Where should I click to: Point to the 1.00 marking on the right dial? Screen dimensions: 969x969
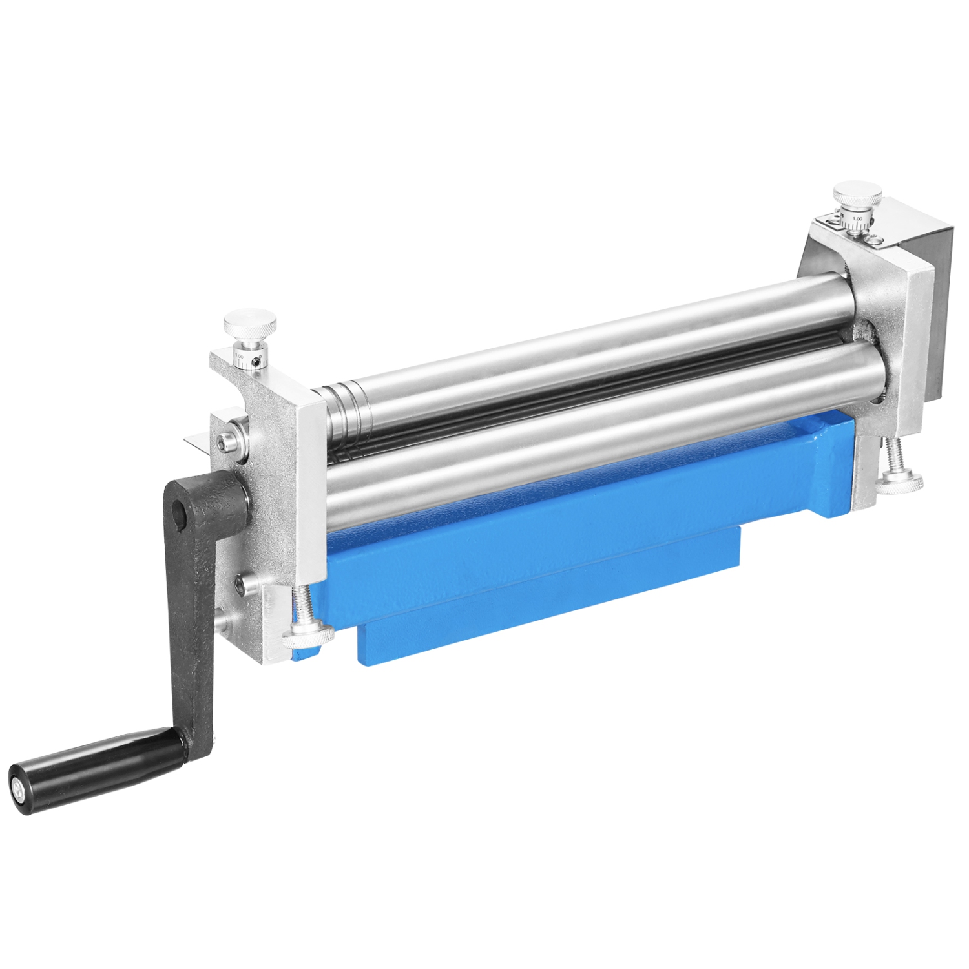[x=857, y=219]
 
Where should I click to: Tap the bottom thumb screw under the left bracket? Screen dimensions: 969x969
[x=308, y=634]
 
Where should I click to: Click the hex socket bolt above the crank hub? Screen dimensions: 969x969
[x=225, y=442]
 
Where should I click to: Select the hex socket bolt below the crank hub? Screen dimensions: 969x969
[x=241, y=586]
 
